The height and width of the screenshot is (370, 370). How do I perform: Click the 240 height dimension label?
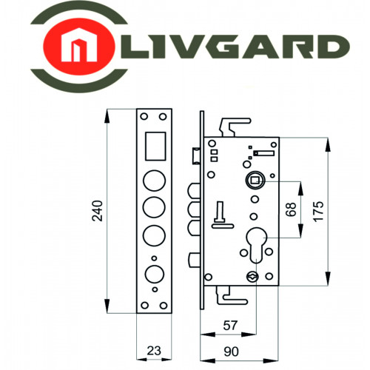pos(97,211)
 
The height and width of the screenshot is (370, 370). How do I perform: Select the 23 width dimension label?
pos(154,351)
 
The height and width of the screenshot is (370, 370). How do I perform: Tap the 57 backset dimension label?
pos(230,326)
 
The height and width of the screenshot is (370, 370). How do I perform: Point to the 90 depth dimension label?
pos(231,351)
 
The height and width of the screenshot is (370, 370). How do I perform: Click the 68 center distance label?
pos(291,209)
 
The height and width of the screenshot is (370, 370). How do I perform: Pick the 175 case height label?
pos(318,212)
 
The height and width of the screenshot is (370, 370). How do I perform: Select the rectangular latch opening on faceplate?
pos(155,146)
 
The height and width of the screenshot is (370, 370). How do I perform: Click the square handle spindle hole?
pos(255,181)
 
